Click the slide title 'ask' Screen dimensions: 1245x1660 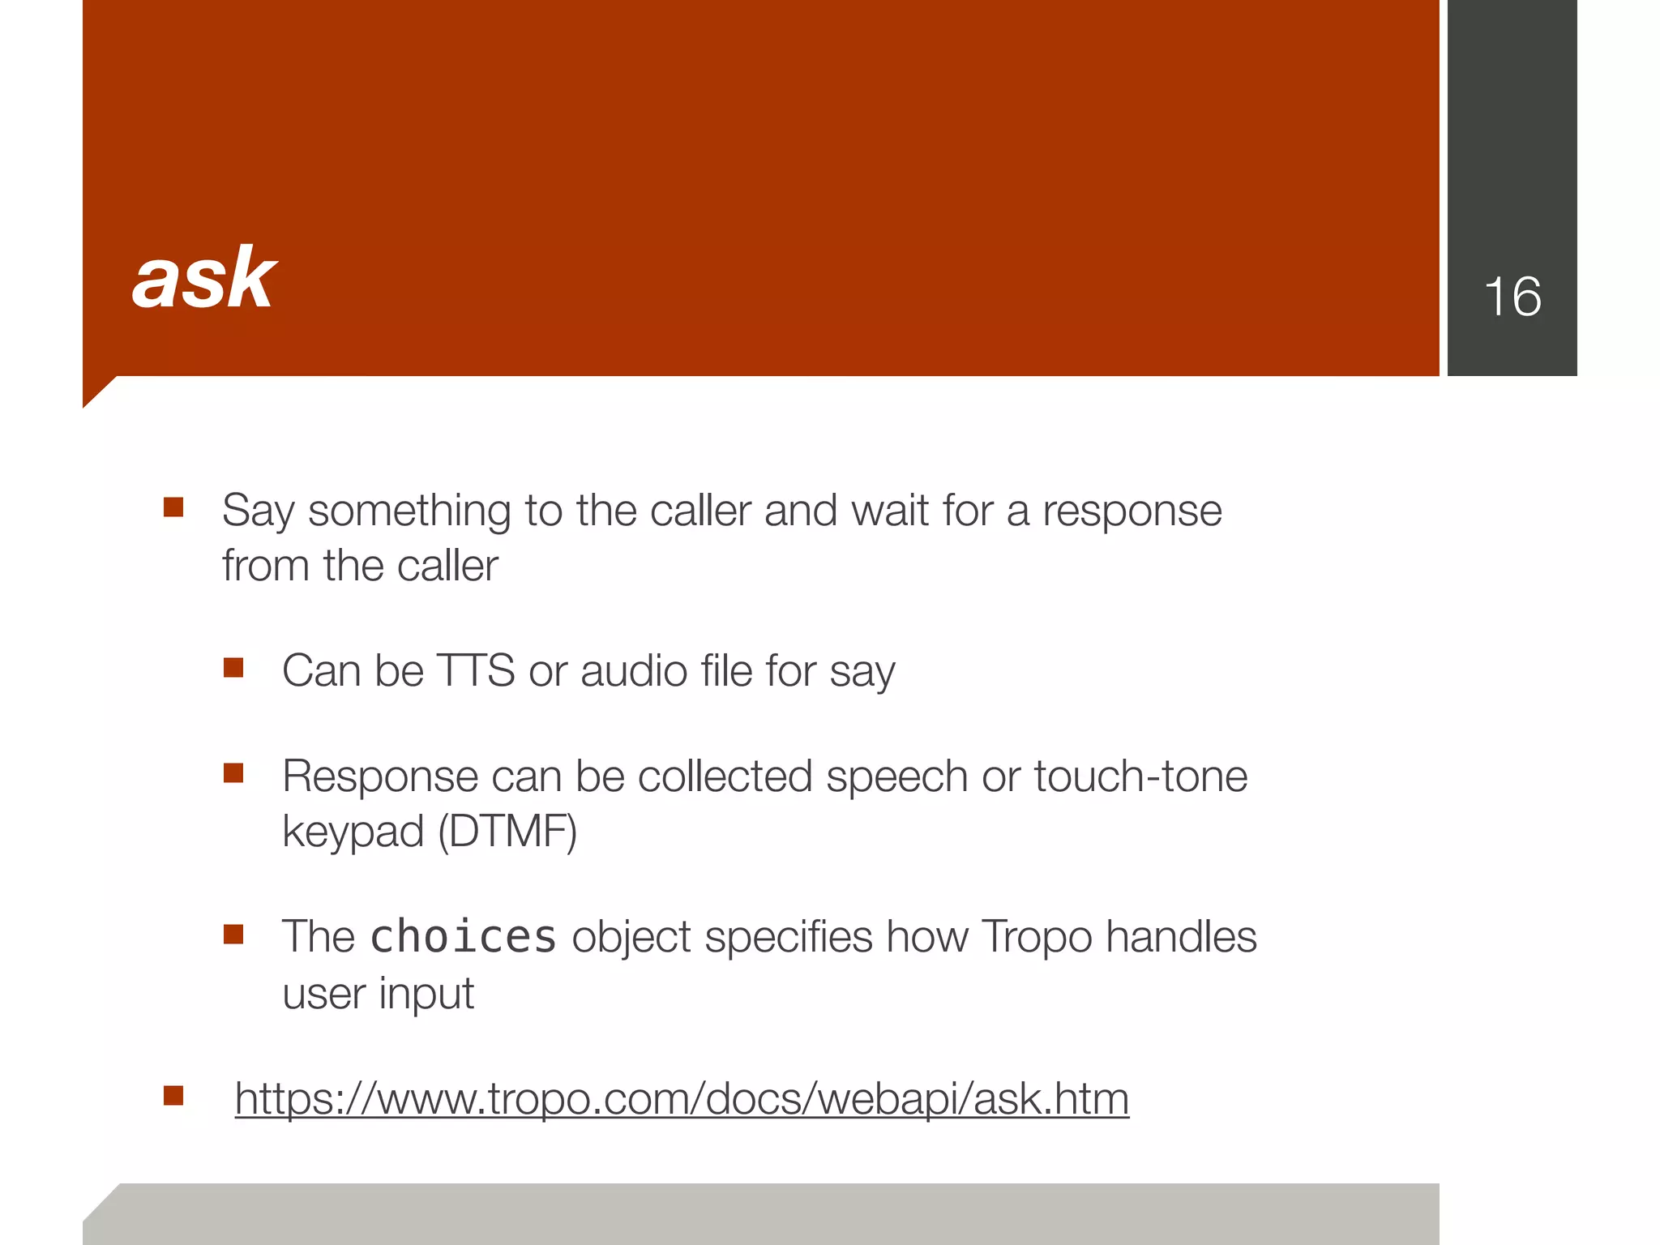click(204, 279)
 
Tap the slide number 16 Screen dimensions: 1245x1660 click(1512, 297)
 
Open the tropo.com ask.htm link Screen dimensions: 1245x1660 click(682, 1099)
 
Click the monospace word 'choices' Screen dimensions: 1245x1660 click(463, 937)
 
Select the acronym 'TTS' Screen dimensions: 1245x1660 click(475, 671)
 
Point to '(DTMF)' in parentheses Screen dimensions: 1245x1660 click(507, 832)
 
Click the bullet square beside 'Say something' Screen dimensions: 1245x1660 click(173, 508)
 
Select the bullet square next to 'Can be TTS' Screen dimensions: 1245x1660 click(233, 668)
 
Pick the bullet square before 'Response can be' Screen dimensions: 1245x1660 click(233, 773)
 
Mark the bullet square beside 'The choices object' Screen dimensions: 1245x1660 click(233, 935)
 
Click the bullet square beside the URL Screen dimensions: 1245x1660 click(173, 1096)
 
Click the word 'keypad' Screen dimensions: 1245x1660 click(353, 833)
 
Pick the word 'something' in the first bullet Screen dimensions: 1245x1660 click(409, 512)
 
